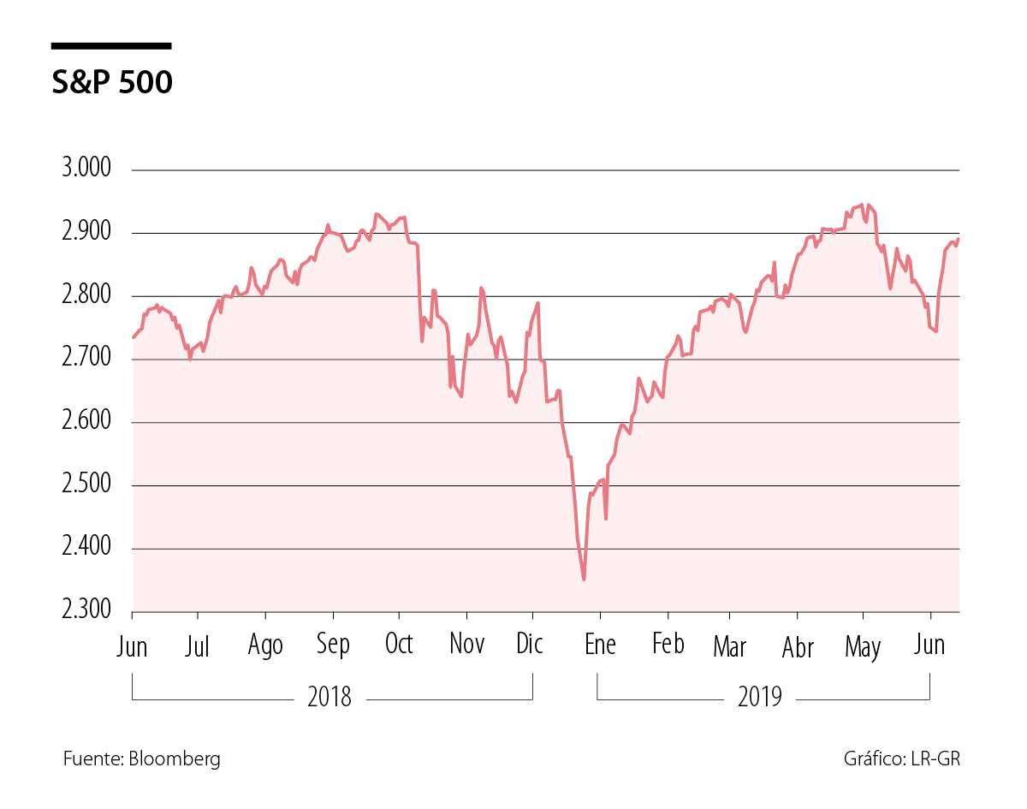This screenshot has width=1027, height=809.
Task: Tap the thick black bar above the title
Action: pos(111,45)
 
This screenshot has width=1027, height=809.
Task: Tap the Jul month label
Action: pos(198,645)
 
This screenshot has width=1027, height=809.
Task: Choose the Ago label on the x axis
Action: pos(265,646)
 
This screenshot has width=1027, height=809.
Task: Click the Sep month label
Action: pos(333,645)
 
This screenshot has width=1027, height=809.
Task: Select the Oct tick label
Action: pos(399,644)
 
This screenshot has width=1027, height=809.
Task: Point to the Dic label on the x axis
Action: pos(531,644)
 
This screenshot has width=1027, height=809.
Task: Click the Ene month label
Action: pos(600,644)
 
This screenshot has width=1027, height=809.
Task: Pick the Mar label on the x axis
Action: pos(729,645)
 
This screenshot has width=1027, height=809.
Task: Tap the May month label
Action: pos(863,647)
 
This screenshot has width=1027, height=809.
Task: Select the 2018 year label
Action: pos(329,698)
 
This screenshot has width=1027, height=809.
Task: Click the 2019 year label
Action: pos(759,698)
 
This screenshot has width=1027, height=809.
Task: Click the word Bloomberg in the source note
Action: pos(175,758)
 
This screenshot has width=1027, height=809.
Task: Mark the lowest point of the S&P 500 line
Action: pos(584,580)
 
